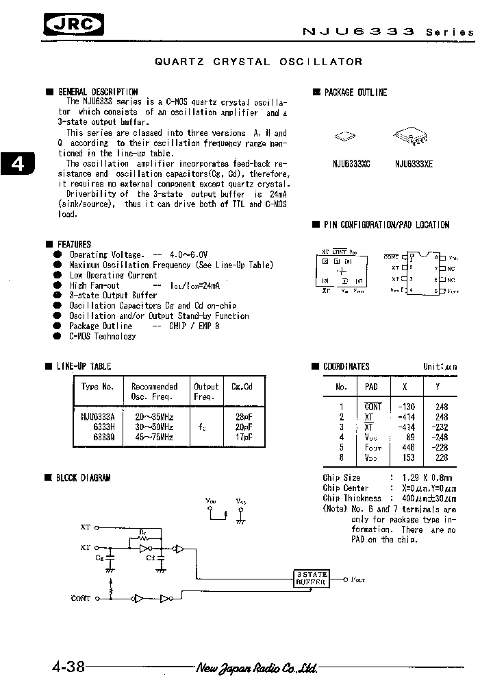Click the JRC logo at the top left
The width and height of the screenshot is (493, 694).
tap(74, 26)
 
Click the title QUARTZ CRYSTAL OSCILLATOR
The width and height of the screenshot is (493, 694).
tap(259, 62)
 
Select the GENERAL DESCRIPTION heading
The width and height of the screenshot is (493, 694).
tap(97, 92)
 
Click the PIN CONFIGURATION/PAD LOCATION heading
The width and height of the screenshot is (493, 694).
tap(386, 225)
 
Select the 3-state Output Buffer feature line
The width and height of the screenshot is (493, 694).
tap(113, 296)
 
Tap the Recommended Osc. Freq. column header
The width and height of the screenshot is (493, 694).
tap(154, 391)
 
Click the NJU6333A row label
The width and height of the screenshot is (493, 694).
tap(98, 416)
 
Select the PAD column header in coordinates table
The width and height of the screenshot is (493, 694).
tap(372, 387)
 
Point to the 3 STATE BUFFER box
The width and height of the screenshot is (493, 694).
tap(312, 577)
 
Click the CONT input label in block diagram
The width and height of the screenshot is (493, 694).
tap(81, 598)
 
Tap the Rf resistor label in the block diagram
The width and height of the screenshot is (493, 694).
tap(142, 531)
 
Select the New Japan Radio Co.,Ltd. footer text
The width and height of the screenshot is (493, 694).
tap(256, 667)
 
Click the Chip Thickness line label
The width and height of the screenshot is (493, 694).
tap(352, 498)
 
